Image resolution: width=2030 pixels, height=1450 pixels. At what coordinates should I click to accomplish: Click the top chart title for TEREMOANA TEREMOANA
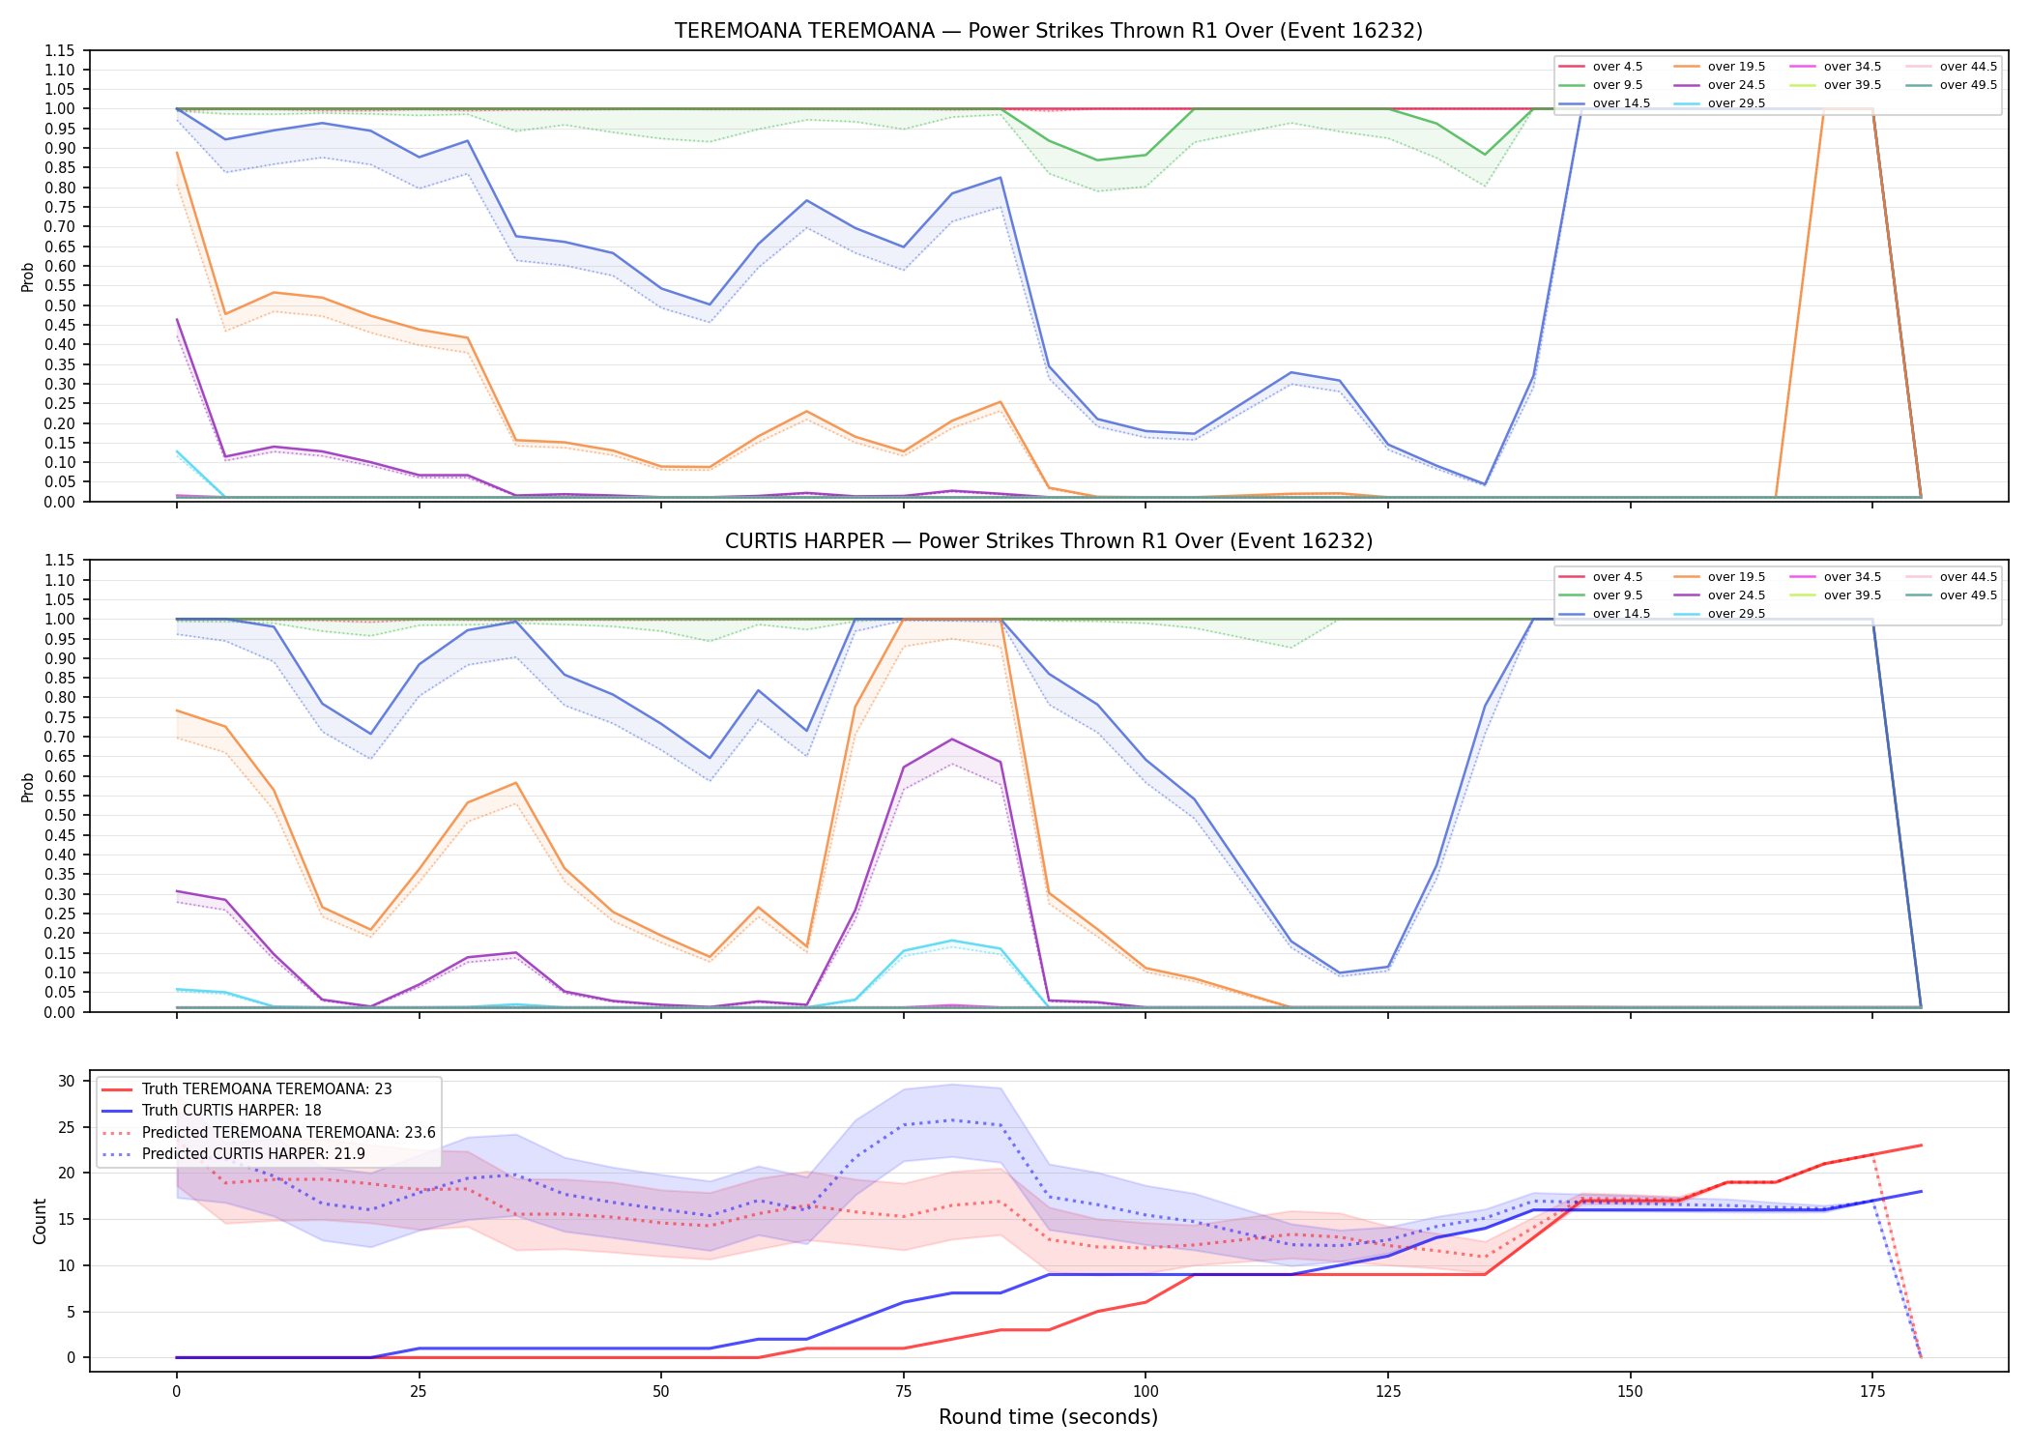(x=1049, y=31)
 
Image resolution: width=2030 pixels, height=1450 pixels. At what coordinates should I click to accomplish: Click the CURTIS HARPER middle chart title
(x=1049, y=541)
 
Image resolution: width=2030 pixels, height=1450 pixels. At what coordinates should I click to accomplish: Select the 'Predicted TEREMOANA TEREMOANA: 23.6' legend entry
(x=268, y=1132)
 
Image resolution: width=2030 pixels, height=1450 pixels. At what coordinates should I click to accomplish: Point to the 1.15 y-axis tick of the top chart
(x=60, y=50)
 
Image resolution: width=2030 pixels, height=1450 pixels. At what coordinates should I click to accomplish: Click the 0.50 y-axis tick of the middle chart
(x=60, y=815)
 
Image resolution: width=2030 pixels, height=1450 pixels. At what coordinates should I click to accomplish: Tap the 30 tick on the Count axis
(x=67, y=1081)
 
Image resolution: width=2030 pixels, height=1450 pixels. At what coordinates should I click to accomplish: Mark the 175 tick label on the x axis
(x=1872, y=1392)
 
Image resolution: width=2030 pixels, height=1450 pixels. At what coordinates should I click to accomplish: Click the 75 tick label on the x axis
(x=903, y=1392)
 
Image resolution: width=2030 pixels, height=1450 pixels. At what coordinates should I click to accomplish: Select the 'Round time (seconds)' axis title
(x=1048, y=1417)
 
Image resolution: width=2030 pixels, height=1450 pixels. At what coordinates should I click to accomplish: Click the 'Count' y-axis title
(x=40, y=1221)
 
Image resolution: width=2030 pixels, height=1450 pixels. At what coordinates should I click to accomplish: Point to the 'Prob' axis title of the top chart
(x=28, y=277)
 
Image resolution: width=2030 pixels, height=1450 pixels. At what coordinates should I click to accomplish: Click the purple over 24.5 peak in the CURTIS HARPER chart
(x=952, y=739)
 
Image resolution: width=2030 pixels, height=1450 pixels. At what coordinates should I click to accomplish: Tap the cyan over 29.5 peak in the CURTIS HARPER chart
(x=952, y=941)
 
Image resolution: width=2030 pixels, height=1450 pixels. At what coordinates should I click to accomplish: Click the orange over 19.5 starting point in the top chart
(x=177, y=153)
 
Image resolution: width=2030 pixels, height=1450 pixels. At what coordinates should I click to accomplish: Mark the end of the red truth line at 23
(x=1921, y=1145)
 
